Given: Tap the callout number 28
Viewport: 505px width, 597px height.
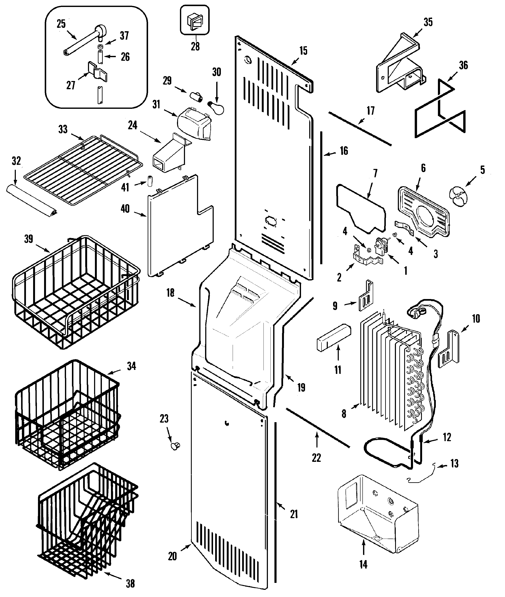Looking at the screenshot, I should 195,46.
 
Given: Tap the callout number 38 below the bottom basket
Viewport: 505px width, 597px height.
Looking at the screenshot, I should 130,584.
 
